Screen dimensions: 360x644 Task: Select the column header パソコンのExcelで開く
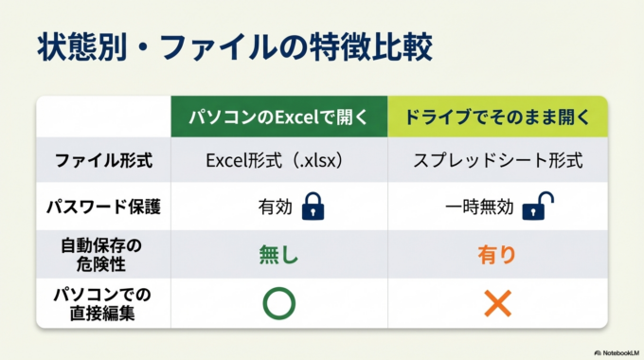(278, 117)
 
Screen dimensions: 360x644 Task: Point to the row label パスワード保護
(103, 207)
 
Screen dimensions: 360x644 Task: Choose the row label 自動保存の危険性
(103, 253)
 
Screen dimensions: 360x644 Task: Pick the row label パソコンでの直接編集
(103, 303)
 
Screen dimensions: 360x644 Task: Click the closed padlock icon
(313, 207)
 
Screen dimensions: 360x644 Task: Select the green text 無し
(278, 254)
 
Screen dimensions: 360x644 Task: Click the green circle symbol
(278, 303)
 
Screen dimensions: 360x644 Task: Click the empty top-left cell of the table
(103, 117)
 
